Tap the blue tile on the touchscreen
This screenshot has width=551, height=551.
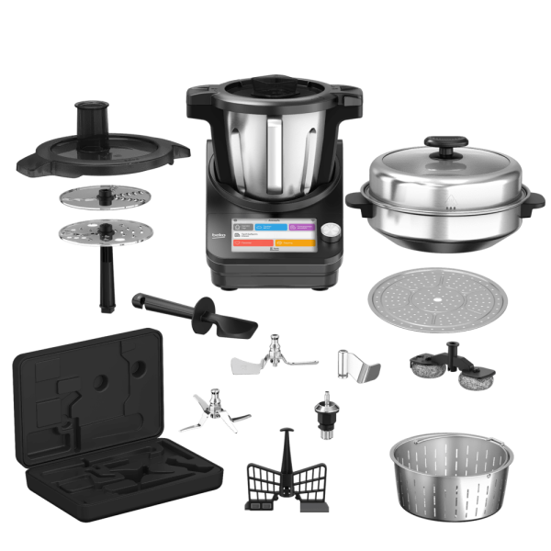coord(271,225)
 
